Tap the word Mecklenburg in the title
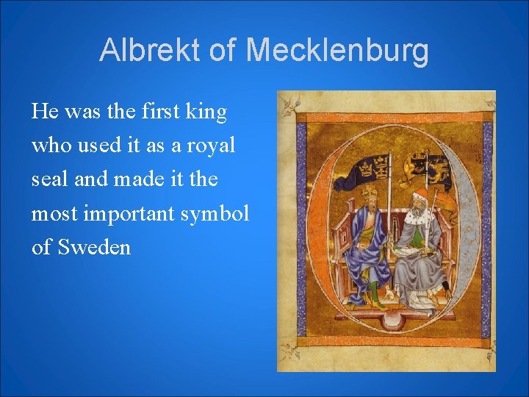coord(339,50)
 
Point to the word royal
coord(209,146)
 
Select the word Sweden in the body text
coord(94,247)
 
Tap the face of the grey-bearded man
coord(419,207)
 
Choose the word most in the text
coord(56,213)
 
